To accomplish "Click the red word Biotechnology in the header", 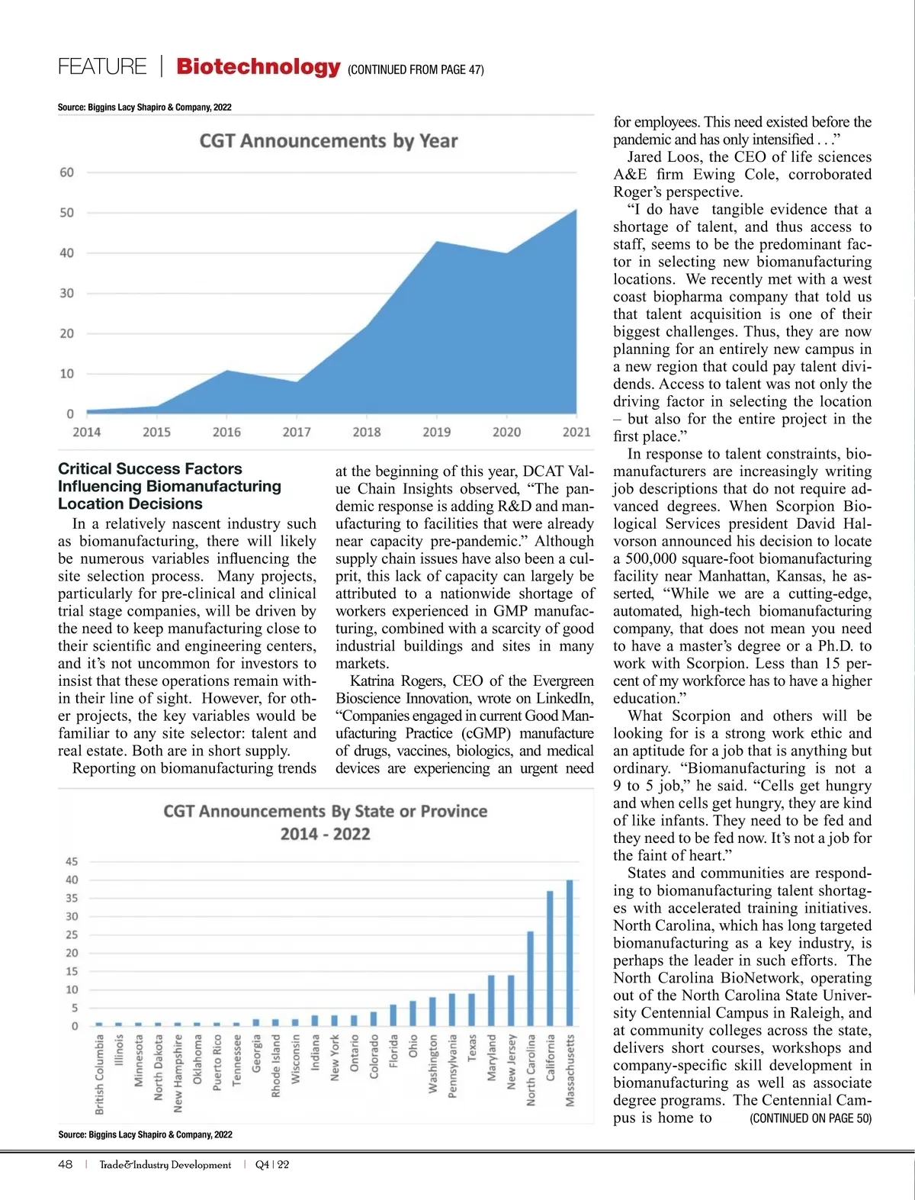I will (x=258, y=66).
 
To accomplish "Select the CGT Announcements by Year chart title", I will (x=329, y=141).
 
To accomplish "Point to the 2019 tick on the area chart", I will (x=436, y=432).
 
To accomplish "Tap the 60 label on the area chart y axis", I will (x=67, y=172).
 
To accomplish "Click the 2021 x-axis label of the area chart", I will (x=576, y=432).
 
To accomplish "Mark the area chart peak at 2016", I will (x=226, y=371).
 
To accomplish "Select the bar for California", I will (x=550, y=958).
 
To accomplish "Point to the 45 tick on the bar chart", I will (x=72, y=861).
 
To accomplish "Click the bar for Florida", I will (x=393, y=1015).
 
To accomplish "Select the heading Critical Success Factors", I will (x=150, y=468).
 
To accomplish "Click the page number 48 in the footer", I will (x=66, y=1165).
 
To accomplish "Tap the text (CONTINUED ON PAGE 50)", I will (x=811, y=1118).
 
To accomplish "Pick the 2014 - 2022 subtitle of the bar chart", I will (x=326, y=834).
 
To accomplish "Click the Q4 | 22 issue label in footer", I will (x=272, y=1165).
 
